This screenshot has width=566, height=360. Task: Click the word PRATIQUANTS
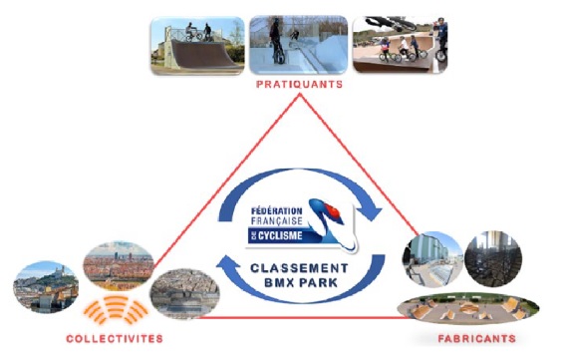299,85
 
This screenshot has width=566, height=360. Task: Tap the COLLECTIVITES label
115,339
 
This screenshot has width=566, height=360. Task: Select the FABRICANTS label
477,339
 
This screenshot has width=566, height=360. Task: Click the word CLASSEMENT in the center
299,268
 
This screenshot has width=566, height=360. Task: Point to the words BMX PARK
301,283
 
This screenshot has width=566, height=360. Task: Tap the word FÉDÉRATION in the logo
276,210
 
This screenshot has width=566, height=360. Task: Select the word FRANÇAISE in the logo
276,220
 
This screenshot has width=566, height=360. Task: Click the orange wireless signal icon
117,309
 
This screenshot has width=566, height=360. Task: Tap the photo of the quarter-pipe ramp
197,46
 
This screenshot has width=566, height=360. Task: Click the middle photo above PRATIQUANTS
299,45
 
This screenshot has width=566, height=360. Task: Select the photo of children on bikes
400,45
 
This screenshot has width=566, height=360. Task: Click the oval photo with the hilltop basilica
46,287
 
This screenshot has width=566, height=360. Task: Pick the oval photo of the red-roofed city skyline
119,266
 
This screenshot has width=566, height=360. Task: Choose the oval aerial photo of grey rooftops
184,294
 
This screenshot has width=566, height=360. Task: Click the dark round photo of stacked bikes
493,259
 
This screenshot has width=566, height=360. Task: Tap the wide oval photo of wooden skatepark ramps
468,309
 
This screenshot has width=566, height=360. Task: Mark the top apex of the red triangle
299,95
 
